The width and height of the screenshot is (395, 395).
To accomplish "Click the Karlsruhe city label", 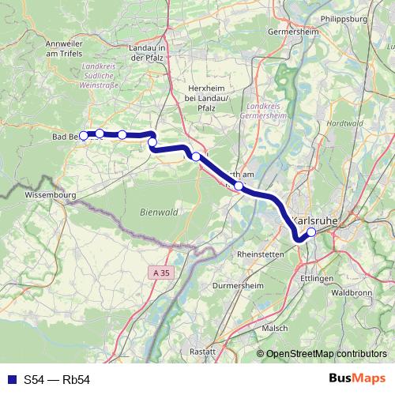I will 314,220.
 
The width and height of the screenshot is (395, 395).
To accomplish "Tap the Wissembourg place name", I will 49,193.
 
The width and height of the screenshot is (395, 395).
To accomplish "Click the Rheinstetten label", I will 261,255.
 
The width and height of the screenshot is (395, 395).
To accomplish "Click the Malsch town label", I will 275,327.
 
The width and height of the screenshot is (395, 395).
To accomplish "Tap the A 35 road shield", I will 161,273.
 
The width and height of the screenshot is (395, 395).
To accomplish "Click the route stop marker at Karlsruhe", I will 311,232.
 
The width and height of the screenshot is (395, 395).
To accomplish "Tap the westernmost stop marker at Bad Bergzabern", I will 84,136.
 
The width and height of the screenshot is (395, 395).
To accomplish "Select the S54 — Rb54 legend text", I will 57,380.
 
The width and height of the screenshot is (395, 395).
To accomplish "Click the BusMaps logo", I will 357,379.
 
